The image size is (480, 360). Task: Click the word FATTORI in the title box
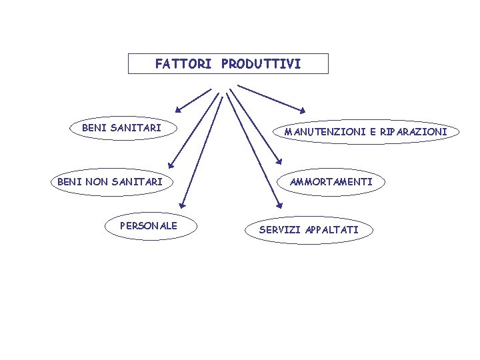pyautogui.click(x=181, y=65)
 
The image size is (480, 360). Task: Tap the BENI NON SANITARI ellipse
pyautogui.click(x=110, y=181)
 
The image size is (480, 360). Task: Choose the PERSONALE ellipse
pyautogui.click(x=148, y=227)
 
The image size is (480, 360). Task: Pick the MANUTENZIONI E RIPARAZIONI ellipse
pyautogui.click(x=365, y=132)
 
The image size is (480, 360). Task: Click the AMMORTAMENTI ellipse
pyautogui.click(x=331, y=181)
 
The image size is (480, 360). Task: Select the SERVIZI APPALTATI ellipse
pyautogui.click(x=308, y=230)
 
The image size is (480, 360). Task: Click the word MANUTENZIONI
pyautogui.click(x=323, y=132)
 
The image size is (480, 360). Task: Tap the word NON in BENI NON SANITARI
pyautogui.click(x=97, y=181)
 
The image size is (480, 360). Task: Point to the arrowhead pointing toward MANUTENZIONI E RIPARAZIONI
pyautogui.click(x=302, y=110)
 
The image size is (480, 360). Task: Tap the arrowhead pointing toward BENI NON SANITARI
pyautogui.click(x=171, y=163)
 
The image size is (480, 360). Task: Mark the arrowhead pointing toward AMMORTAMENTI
pyautogui.click(x=279, y=163)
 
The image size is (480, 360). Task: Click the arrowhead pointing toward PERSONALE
pyautogui.click(x=183, y=207)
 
